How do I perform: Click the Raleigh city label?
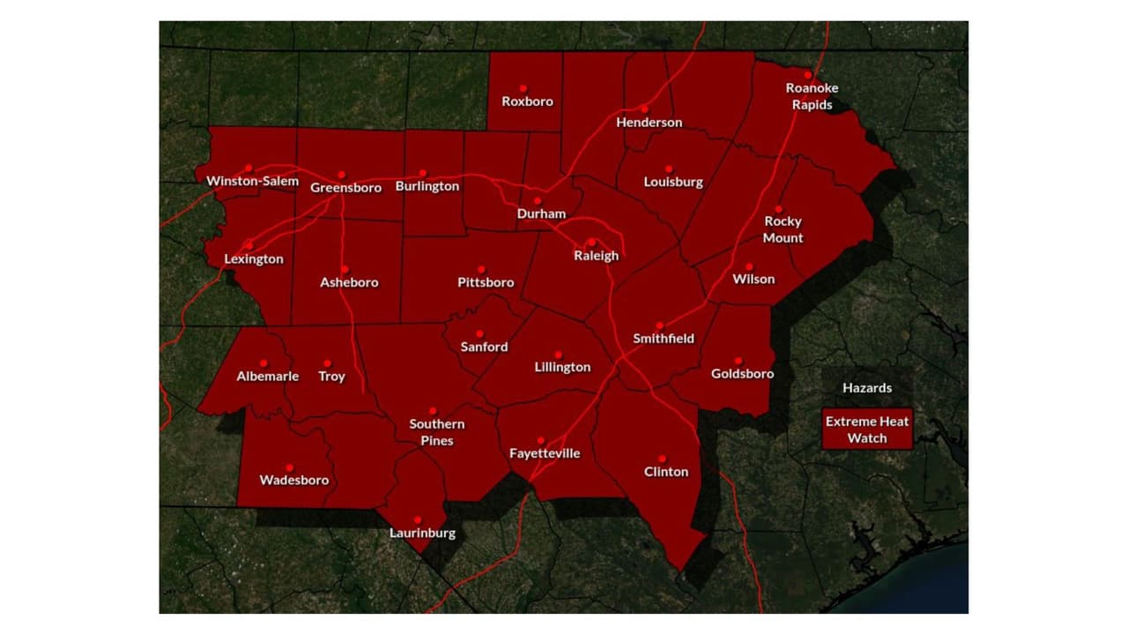[597, 256]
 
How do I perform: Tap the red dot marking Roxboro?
[523, 88]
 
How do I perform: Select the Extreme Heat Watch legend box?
[866, 430]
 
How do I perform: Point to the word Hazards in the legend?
[866, 388]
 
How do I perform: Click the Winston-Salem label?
[252, 182]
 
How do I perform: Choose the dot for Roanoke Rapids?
[807, 75]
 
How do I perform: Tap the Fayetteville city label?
[545, 453]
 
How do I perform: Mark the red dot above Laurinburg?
[418, 520]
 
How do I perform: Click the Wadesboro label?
[294, 481]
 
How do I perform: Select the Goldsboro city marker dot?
[738, 361]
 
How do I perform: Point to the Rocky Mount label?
[783, 229]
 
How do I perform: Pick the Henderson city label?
[649, 123]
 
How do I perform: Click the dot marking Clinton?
[662, 459]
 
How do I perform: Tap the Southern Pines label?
[437, 432]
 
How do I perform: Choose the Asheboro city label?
[349, 283]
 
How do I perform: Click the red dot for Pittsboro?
[481, 270]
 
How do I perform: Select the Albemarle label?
[268, 377]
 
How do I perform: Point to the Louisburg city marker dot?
[669, 168]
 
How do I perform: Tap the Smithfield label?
[664, 339]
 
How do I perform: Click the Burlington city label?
[427, 187]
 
